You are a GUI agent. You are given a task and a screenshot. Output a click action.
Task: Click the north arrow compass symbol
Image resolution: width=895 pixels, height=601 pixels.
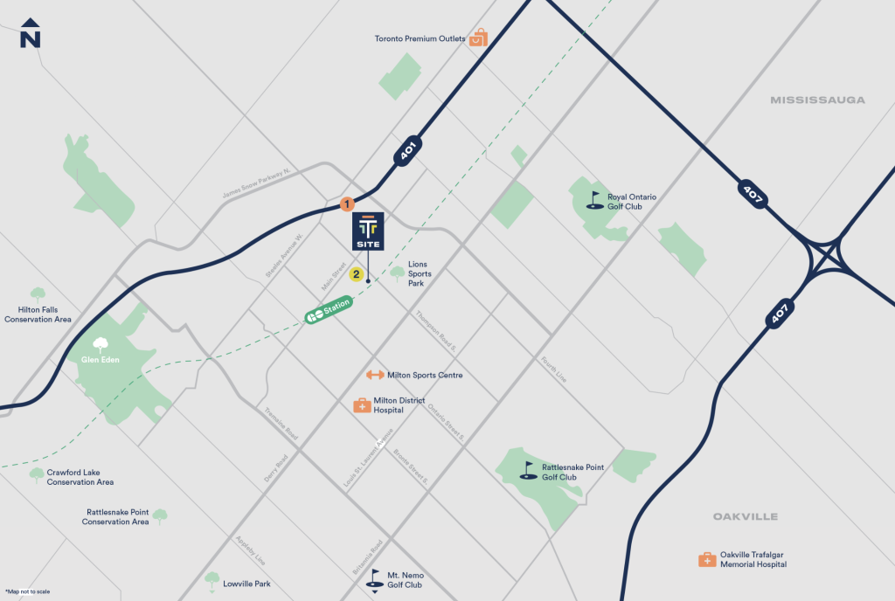pyautogui.click(x=31, y=33)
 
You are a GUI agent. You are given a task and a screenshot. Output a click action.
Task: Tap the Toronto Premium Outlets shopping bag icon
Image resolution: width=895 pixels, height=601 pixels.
pyautogui.click(x=478, y=38)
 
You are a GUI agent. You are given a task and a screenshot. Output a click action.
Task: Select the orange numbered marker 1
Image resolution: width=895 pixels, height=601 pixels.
pyautogui.click(x=346, y=204)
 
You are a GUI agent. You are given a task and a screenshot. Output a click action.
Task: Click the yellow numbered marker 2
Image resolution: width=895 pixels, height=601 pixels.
pyautogui.click(x=357, y=274)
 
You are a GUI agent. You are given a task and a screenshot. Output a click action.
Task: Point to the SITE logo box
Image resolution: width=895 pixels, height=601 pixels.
pyautogui.click(x=368, y=231)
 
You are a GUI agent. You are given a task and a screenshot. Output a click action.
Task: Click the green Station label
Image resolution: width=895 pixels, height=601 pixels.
pyautogui.click(x=329, y=310)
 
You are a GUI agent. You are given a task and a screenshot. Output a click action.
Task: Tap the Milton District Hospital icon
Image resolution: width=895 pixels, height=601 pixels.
pyautogui.click(x=361, y=405)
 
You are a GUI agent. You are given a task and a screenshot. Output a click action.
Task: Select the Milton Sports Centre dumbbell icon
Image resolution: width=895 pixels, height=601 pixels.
pyautogui.click(x=375, y=375)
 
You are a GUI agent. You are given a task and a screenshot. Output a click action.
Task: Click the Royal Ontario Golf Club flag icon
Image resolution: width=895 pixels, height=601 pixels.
pyautogui.click(x=595, y=201)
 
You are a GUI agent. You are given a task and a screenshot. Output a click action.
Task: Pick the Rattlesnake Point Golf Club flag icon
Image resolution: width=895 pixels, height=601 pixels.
pyautogui.click(x=527, y=472)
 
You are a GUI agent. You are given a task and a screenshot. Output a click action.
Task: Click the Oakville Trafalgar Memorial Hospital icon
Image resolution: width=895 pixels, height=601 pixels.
pyautogui.click(x=706, y=559)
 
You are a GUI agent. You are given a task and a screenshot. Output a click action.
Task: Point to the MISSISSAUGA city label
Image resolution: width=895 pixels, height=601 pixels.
pyautogui.click(x=817, y=100)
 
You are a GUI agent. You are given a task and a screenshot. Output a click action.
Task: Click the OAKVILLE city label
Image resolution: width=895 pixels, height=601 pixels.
pyautogui.click(x=745, y=516)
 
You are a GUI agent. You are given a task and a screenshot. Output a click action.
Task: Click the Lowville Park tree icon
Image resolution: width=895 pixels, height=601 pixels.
pyautogui.click(x=212, y=578)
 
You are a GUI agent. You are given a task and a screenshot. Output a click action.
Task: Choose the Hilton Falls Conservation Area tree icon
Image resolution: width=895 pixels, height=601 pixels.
pyautogui.click(x=38, y=295)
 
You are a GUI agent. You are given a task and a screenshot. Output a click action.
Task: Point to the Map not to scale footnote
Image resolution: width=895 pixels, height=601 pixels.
pyautogui.click(x=27, y=591)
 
